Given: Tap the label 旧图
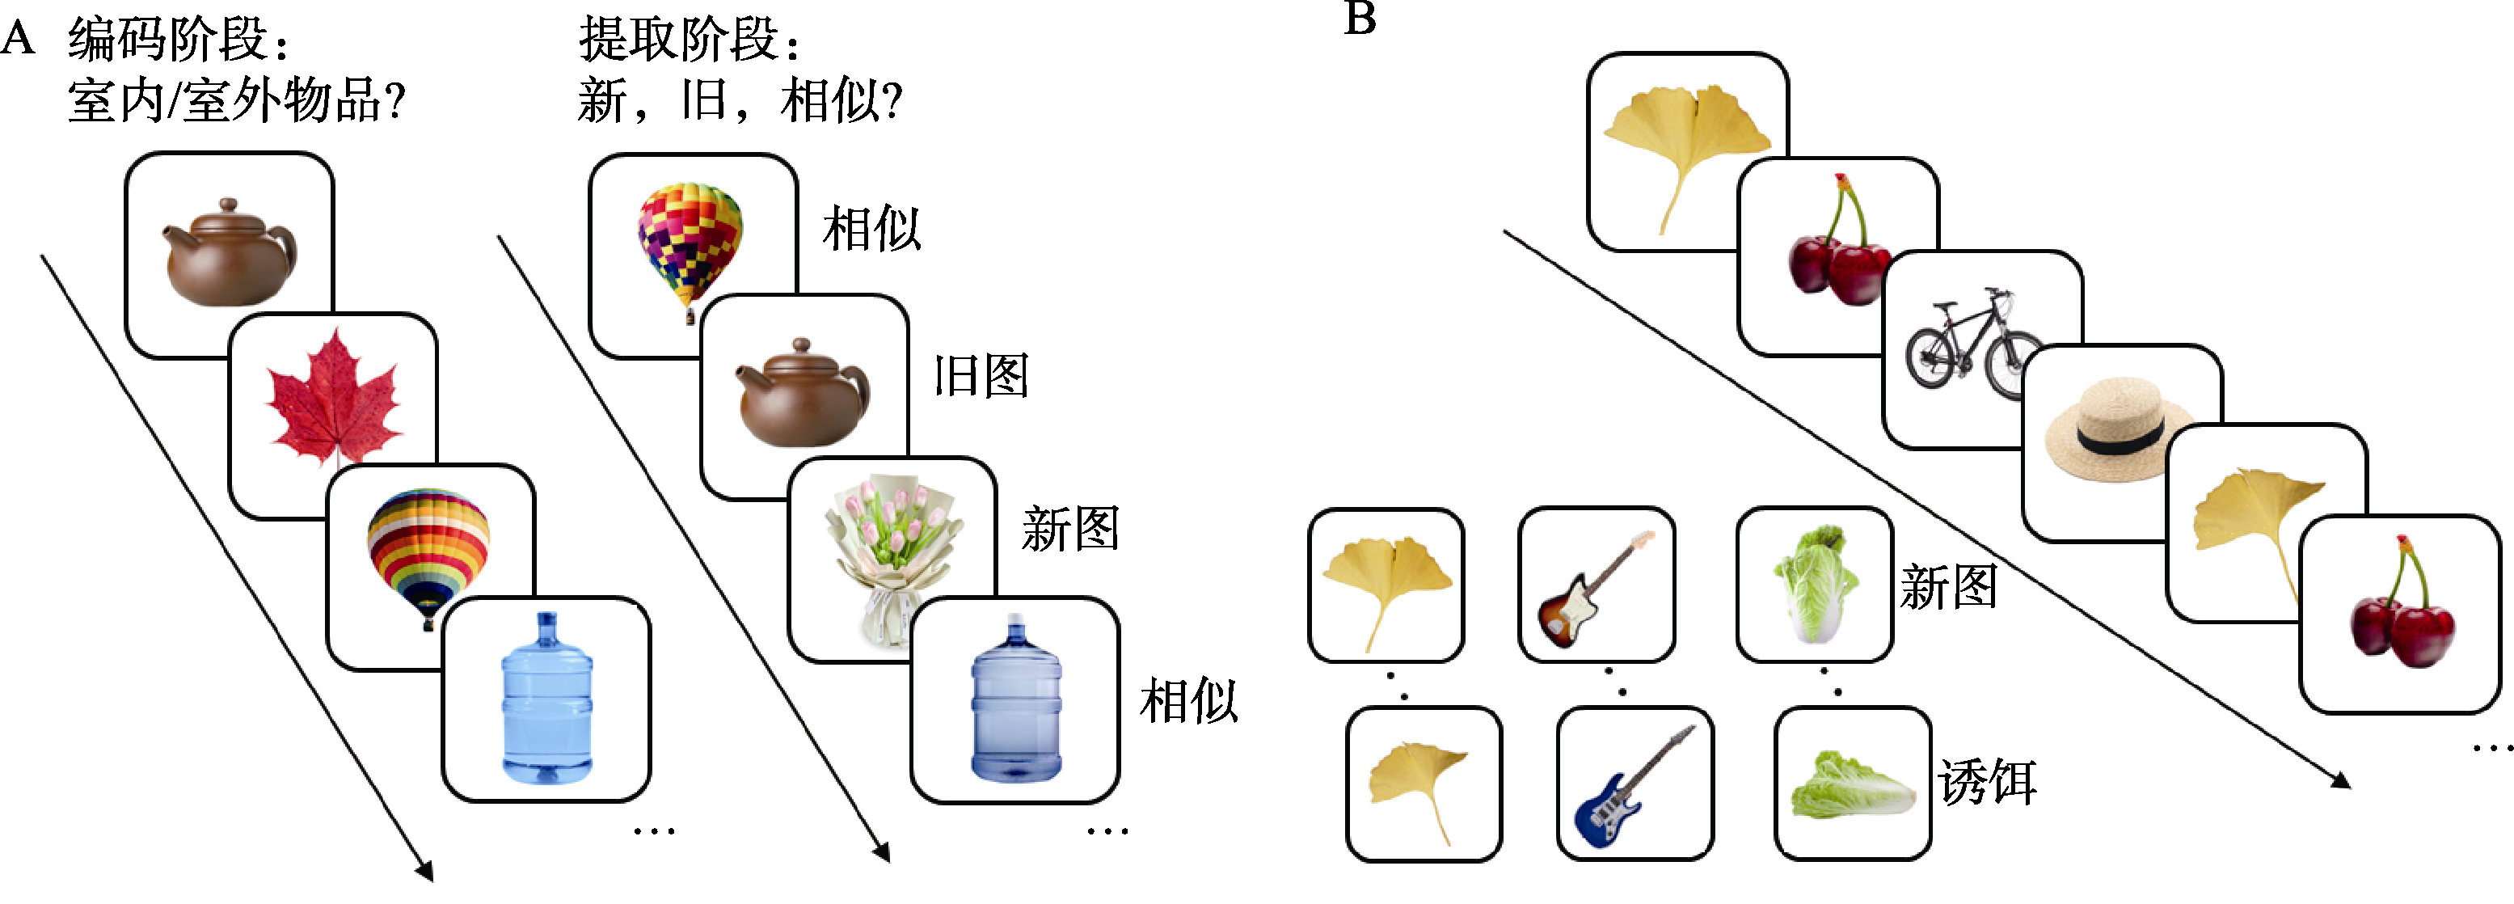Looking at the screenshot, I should [x=981, y=375].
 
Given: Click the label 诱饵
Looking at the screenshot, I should [x=1987, y=782].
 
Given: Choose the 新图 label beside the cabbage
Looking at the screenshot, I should [x=1948, y=588].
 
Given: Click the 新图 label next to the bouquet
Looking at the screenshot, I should [x=1069, y=529].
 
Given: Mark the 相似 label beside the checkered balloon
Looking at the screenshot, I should [x=871, y=230].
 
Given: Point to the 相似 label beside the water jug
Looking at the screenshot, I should [x=1188, y=701].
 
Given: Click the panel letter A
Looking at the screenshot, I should [x=19, y=39].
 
